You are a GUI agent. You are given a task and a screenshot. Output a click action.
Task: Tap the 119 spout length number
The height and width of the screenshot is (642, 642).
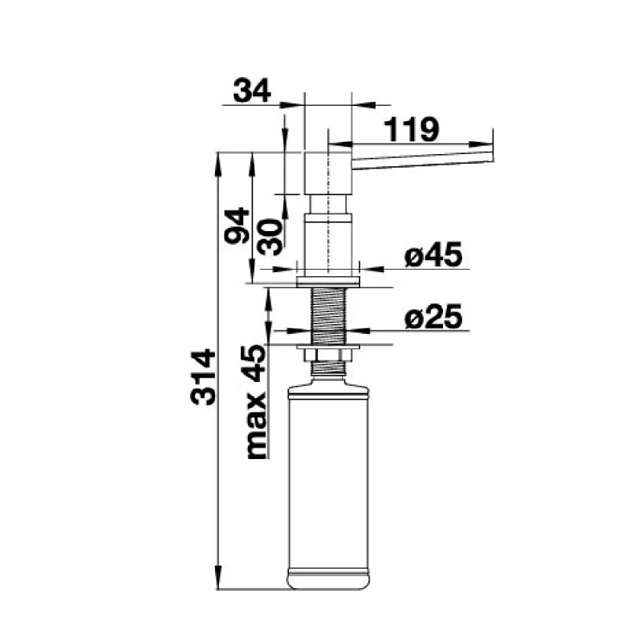click(412, 130)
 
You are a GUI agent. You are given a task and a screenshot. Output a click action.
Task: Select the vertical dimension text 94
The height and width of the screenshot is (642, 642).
click(237, 226)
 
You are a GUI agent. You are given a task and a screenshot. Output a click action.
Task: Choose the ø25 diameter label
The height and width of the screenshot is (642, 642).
click(433, 316)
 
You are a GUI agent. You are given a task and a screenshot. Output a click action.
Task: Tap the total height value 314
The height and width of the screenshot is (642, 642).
click(203, 377)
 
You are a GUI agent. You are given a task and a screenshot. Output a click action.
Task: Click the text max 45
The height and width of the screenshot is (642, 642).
click(257, 402)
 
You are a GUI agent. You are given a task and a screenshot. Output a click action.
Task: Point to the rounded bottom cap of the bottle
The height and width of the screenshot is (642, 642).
click(328, 579)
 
